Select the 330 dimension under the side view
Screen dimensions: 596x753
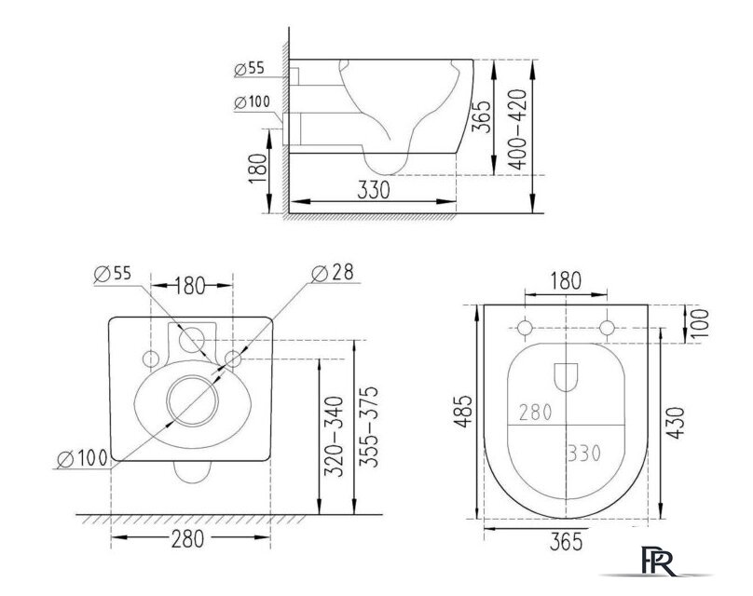pos(372,189)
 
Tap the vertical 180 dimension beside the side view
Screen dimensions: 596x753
pos(259,169)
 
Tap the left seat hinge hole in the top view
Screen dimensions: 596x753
pos(525,328)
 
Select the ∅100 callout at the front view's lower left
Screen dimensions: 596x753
pos(82,459)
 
